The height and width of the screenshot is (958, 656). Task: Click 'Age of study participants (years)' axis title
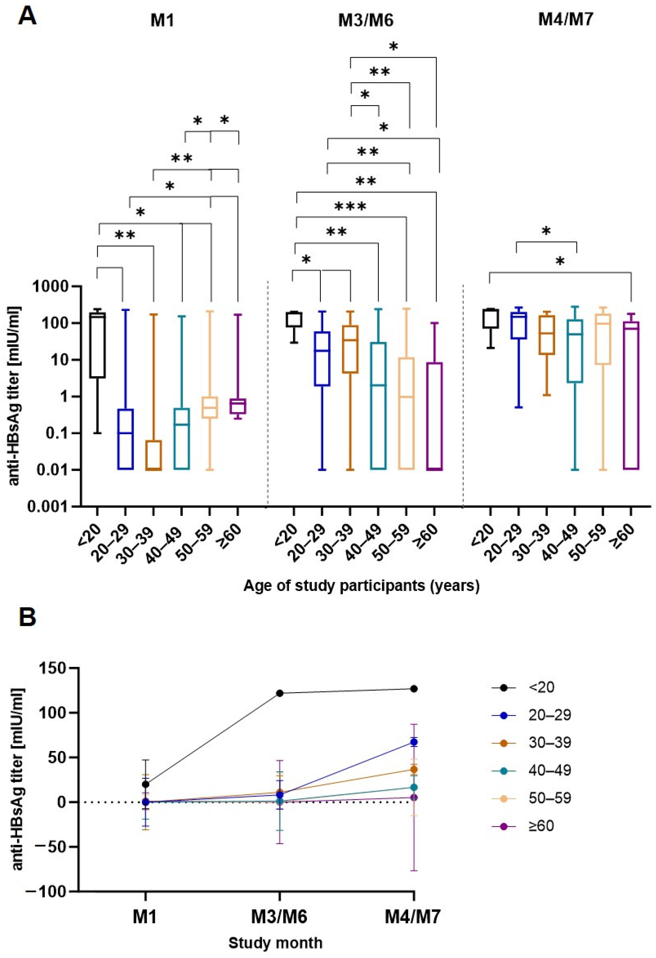point(361,586)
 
